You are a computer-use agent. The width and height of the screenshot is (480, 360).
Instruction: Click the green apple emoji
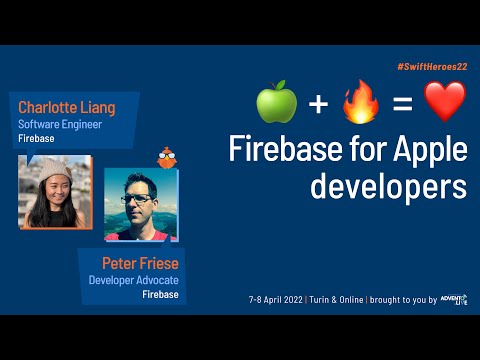(x=277, y=103)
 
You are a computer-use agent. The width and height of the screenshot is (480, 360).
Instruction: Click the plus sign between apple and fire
(x=317, y=104)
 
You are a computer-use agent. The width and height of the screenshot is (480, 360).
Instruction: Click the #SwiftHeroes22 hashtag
(x=432, y=65)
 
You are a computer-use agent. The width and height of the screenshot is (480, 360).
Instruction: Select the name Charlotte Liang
(x=66, y=108)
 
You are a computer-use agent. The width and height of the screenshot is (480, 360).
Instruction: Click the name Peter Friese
(x=140, y=262)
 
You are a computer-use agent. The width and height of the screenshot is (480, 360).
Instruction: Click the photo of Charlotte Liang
(x=55, y=191)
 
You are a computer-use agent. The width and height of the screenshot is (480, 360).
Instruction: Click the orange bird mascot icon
(x=167, y=157)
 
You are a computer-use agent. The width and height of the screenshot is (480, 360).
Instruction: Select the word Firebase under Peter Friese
(x=160, y=295)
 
